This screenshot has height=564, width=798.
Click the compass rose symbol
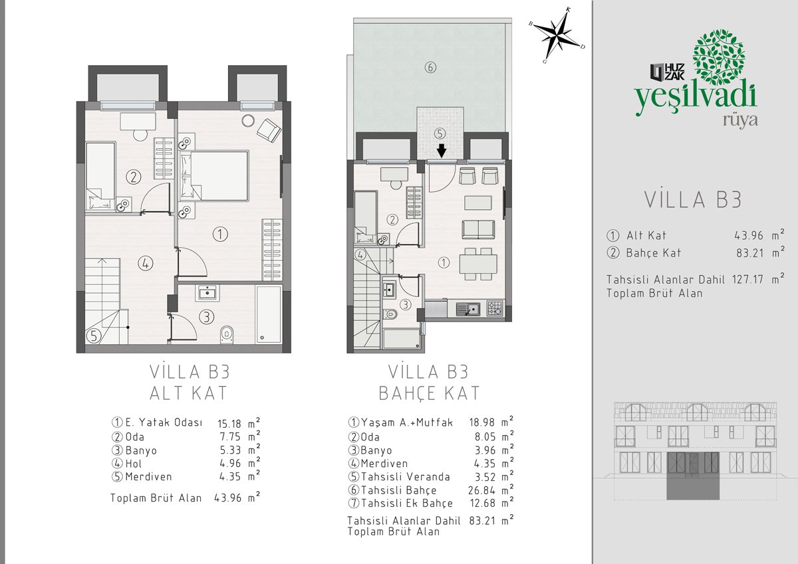tap(557, 35)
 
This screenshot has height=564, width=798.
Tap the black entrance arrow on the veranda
tap(442, 151)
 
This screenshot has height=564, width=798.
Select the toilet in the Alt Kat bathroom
tap(227, 334)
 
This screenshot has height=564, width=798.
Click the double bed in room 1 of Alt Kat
tap(214, 176)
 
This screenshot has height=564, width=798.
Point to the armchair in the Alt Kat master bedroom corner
tap(269, 130)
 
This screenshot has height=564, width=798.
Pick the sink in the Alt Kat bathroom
tap(207, 293)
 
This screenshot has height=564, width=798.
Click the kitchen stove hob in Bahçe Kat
tap(495, 308)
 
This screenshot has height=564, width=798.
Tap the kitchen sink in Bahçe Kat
tap(467, 309)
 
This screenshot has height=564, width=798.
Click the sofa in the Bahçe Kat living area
tap(478, 229)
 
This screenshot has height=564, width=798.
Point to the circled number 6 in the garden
tap(430, 67)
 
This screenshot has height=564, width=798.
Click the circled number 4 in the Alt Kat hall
tap(146, 264)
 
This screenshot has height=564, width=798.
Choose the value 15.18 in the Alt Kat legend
tap(229, 423)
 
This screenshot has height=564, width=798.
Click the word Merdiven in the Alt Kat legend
tap(148, 476)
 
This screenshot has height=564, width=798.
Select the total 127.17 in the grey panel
tap(747, 279)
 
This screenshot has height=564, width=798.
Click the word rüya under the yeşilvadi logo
tap(740, 121)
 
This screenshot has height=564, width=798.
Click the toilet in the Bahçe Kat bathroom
tap(391, 314)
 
